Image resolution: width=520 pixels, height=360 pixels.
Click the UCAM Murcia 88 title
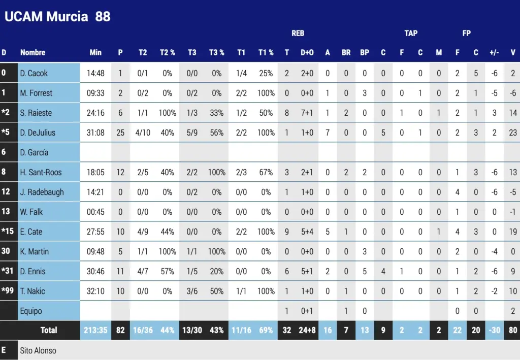click(57, 16)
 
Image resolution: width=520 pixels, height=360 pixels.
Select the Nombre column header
click(32, 52)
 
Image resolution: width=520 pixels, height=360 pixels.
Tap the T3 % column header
click(216, 52)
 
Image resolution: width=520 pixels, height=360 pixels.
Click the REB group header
click(298, 34)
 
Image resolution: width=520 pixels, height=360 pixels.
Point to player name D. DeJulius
click(38, 133)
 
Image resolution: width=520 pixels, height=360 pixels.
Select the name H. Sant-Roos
click(41, 172)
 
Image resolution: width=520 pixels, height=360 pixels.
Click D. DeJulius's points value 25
click(120, 133)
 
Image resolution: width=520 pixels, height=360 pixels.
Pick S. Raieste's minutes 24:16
click(95, 113)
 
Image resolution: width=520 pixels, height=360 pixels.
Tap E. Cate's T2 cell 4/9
click(143, 232)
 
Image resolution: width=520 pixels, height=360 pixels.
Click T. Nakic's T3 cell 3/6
click(192, 291)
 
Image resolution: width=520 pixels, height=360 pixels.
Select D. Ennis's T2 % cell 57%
click(167, 271)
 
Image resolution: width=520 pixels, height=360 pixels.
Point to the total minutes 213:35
click(95, 330)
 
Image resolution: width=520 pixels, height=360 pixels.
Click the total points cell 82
click(120, 330)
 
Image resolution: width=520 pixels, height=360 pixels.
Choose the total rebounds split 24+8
click(307, 330)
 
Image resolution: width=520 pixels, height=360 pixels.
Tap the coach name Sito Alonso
click(38, 350)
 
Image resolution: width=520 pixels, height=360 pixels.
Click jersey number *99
click(8, 291)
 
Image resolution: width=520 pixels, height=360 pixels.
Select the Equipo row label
click(31, 311)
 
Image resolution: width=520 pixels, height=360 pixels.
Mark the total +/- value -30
click(494, 330)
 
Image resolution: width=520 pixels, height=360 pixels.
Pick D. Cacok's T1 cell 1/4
click(242, 73)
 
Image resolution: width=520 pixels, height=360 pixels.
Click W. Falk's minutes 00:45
click(95, 212)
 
